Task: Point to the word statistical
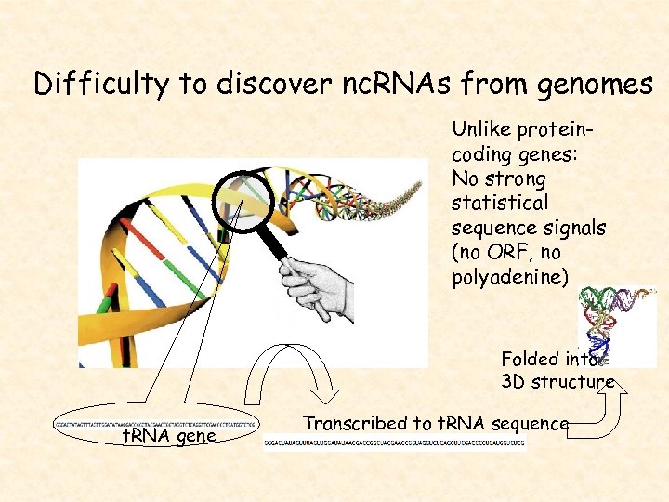[x=499, y=203]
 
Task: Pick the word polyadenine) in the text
[x=507, y=277]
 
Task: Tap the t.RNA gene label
[x=169, y=435]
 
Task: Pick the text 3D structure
[x=557, y=382]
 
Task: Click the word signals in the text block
[x=575, y=228]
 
